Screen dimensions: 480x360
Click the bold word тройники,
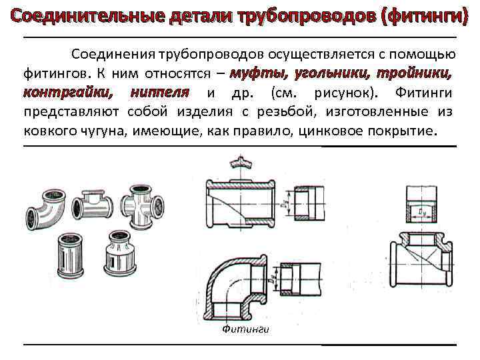(x=417, y=73)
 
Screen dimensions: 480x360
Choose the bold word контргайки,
(x=67, y=91)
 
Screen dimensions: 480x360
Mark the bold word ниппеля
(x=160, y=91)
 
